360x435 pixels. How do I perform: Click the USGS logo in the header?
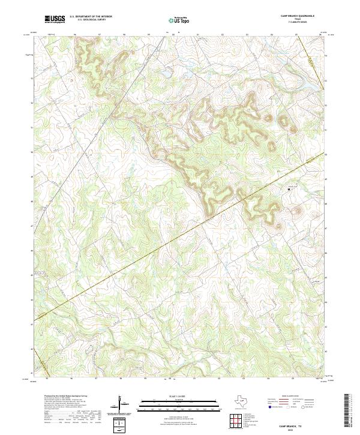coord(54,19)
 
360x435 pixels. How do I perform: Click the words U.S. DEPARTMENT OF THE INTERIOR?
coord(91,16)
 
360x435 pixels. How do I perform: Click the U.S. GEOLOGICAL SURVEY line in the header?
coord(91,19)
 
